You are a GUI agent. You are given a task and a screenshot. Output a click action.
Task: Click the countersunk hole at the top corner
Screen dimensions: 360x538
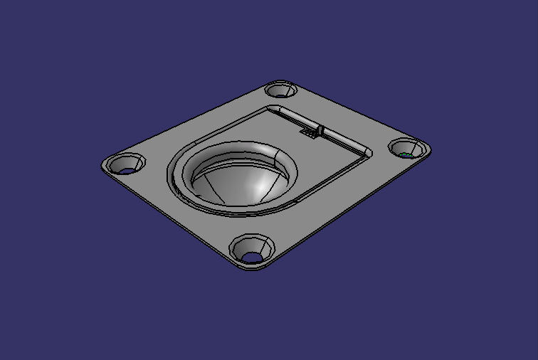(x=282, y=90)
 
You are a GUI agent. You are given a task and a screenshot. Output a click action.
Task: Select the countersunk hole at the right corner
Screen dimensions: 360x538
(x=409, y=149)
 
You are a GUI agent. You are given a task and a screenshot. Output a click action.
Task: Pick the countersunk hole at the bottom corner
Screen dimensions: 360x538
(x=251, y=248)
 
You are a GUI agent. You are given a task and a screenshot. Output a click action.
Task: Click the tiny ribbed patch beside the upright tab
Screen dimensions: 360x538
(x=309, y=132)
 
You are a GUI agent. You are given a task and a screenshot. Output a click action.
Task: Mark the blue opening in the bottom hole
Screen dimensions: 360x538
(x=252, y=255)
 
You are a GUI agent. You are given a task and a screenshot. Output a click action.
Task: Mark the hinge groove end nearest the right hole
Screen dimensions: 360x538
(x=369, y=152)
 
